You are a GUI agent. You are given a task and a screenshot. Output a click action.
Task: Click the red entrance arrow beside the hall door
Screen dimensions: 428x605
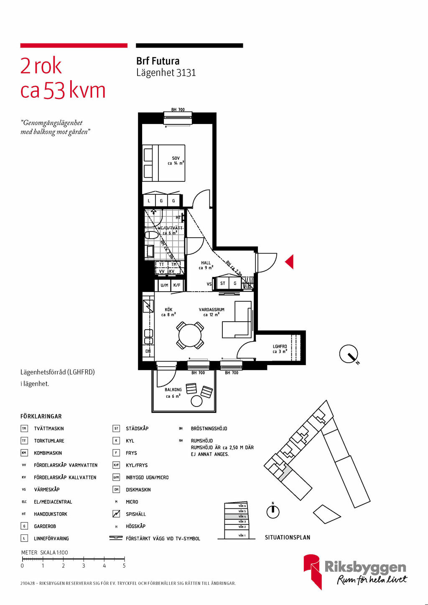click(x=289, y=262)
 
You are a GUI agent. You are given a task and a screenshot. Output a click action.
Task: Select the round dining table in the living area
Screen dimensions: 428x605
click(x=191, y=336)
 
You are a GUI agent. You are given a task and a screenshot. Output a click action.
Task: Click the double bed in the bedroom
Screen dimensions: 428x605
click(x=163, y=163)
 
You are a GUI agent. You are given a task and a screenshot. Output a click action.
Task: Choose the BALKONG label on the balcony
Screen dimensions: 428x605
click(x=173, y=390)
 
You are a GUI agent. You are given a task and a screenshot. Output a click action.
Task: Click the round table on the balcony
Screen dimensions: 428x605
click(x=196, y=401)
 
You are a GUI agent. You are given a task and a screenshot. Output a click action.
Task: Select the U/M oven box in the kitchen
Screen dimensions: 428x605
click(x=164, y=285)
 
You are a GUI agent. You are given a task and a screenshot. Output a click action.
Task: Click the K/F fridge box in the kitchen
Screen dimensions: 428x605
click(x=177, y=285)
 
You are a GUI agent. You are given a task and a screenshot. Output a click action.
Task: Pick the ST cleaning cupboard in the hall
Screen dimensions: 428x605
click(x=223, y=283)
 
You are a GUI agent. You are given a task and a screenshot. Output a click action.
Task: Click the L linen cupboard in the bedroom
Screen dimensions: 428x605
click(x=149, y=201)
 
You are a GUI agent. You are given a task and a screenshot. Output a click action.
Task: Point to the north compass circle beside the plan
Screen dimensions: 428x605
click(x=348, y=354)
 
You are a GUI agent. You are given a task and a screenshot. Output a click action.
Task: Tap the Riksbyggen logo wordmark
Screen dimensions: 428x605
click(x=365, y=567)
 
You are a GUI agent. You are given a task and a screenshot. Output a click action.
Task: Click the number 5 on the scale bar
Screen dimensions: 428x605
click(x=124, y=566)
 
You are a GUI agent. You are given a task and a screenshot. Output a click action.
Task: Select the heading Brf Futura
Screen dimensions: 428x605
click(x=158, y=61)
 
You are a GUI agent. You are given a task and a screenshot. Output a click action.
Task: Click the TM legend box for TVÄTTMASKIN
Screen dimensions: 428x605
click(x=24, y=429)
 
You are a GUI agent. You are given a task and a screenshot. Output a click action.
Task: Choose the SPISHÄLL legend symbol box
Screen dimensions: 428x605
click(x=116, y=514)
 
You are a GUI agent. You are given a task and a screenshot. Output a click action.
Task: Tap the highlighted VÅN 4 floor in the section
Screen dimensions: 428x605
click(x=236, y=516)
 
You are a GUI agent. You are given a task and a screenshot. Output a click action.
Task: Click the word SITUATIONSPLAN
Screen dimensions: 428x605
click(x=288, y=538)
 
